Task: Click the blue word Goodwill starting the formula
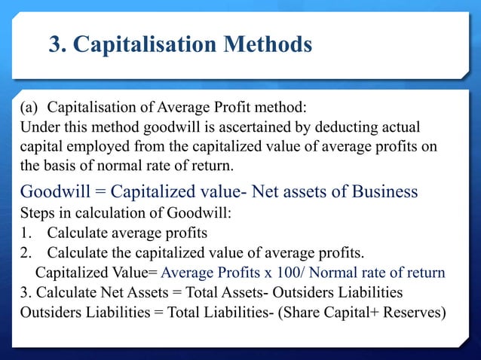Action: [57, 191]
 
